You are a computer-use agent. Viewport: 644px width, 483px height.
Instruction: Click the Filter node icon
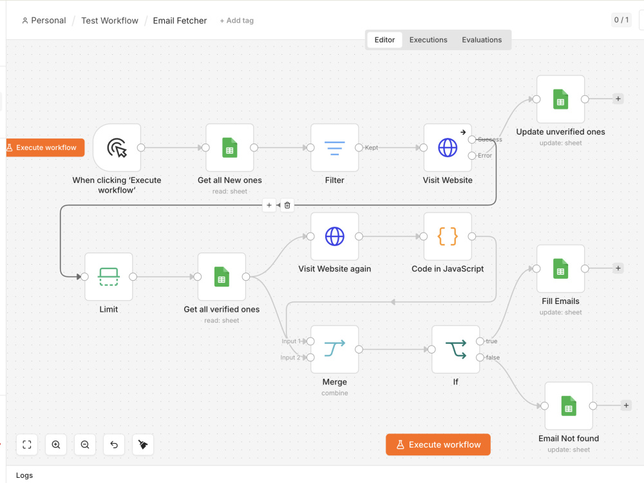click(334, 148)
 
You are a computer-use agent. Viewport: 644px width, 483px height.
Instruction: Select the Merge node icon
click(334, 349)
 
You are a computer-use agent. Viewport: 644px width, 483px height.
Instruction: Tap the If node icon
click(456, 349)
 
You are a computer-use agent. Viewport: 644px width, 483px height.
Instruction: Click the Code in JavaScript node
click(448, 236)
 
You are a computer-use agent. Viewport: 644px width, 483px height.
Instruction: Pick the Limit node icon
click(108, 277)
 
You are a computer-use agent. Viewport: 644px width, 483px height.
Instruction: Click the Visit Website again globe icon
click(334, 236)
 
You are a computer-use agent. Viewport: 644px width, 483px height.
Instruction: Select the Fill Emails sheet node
click(561, 269)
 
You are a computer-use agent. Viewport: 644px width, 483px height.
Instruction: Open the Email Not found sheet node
click(569, 406)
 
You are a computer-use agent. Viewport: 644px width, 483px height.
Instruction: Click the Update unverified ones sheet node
click(561, 99)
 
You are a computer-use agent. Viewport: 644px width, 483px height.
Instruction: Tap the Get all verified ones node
click(222, 277)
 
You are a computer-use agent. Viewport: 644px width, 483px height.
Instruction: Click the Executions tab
click(428, 40)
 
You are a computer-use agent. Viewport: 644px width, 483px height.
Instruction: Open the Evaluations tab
click(482, 40)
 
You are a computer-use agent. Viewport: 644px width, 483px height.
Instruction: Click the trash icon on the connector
click(287, 205)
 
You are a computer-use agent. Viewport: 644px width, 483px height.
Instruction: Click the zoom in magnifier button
click(56, 444)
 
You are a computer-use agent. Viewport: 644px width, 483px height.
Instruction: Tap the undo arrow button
click(114, 444)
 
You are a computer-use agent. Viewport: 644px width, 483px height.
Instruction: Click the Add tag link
click(236, 21)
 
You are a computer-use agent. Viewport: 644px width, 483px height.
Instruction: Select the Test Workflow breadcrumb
click(109, 21)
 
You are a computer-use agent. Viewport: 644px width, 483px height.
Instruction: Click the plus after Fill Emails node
click(618, 268)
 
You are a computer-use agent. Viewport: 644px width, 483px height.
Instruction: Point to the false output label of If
click(493, 357)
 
